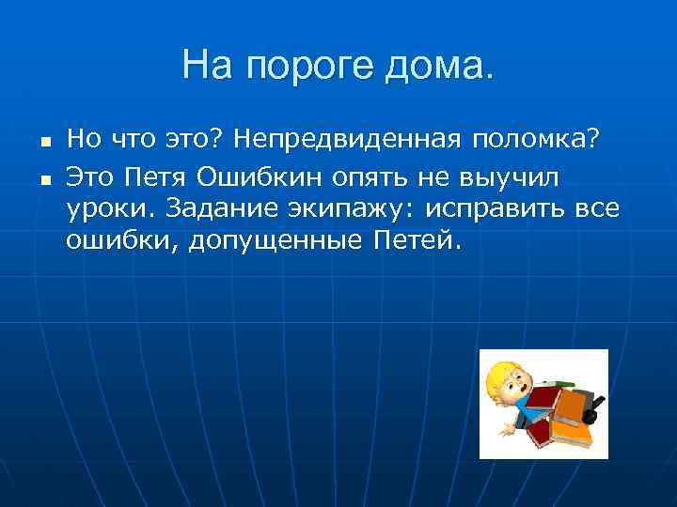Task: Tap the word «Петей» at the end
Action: click(414, 241)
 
